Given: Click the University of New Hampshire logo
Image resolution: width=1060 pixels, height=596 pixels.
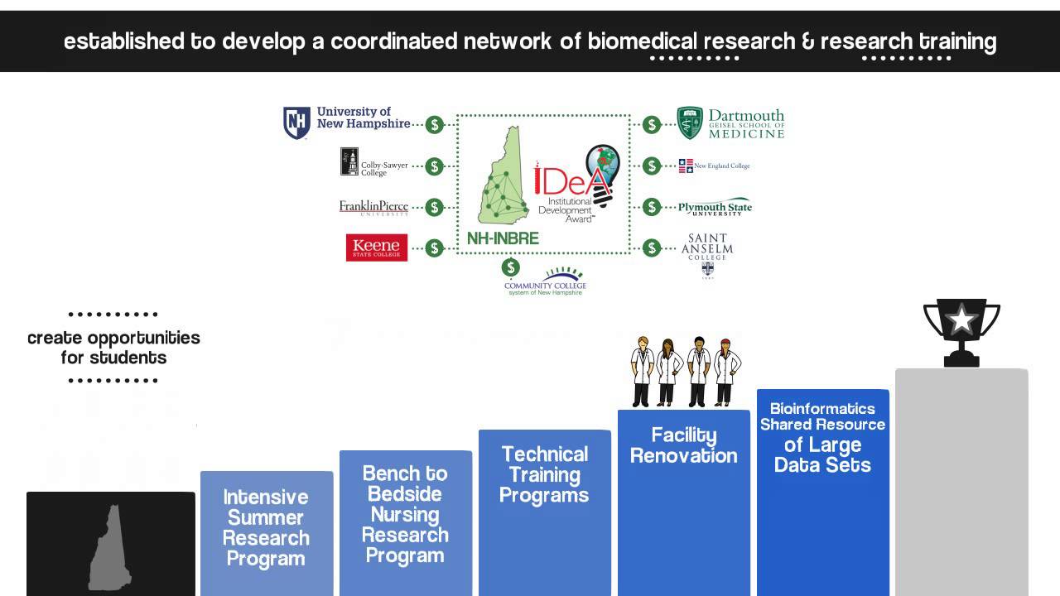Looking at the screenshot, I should coord(347,123).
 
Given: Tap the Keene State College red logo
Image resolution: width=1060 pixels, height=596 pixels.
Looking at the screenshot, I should coord(377,248).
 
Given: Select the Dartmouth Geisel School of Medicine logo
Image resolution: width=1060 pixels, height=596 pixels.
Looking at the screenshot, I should coord(730,123).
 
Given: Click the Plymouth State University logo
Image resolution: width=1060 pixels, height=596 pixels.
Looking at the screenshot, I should coord(715,208).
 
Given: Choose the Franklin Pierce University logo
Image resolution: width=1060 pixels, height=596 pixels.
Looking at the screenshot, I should coord(373,207).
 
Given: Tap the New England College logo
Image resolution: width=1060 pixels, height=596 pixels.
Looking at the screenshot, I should coord(714,166).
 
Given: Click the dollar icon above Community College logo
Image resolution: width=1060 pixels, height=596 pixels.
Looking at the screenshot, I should coord(511,267).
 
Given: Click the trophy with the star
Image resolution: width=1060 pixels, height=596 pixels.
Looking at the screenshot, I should coord(961,331).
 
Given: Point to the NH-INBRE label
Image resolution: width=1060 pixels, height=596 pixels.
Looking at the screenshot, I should coord(503,238).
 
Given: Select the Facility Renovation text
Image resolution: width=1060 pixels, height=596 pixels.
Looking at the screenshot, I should coord(683,445).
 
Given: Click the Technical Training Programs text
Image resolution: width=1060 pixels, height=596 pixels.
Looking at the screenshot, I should coord(544,474).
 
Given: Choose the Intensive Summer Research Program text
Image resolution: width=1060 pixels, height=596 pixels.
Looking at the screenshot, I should coord(266,527).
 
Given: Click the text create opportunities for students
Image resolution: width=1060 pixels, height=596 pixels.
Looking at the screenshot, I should coord(113,348).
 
